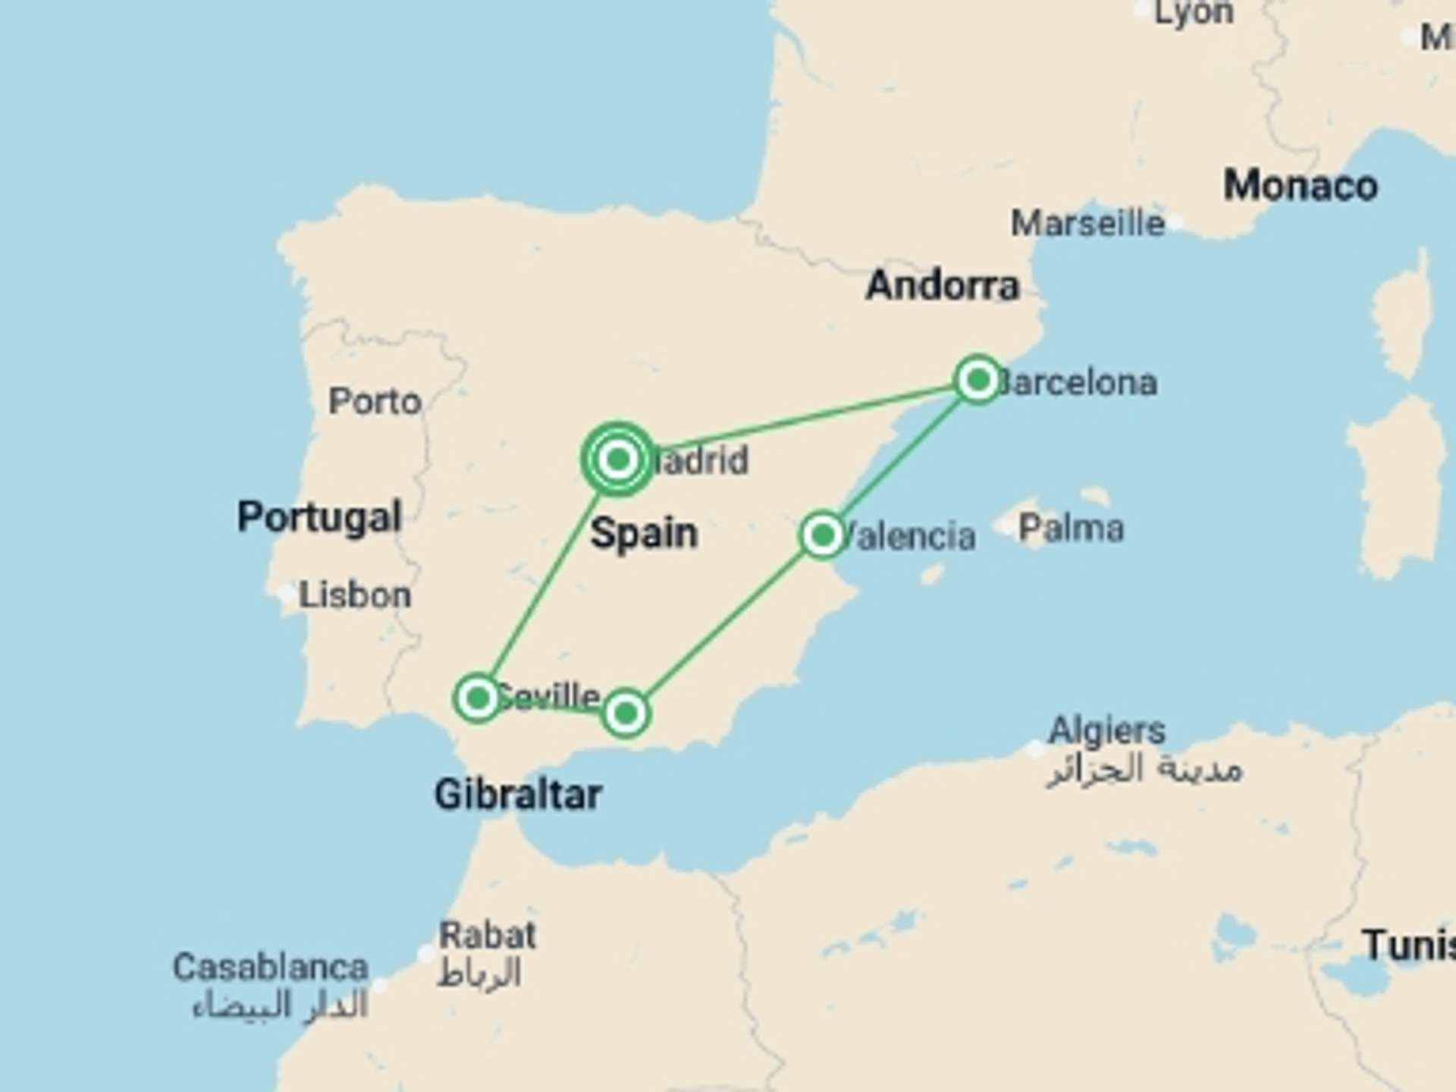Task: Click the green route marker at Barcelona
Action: point(977,379)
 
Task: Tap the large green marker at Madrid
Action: point(618,459)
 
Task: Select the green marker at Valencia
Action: point(822,535)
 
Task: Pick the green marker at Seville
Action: point(478,697)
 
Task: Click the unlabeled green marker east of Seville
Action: point(626,713)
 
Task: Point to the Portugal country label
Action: point(319,517)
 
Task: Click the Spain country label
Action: point(644,533)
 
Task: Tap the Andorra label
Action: point(943,286)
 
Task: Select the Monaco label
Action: point(1301,186)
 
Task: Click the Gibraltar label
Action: point(518,795)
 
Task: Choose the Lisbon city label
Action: point(355,595)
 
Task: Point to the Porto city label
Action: point(375,401)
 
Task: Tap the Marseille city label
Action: point(1087,224)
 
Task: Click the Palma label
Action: point(1071,529)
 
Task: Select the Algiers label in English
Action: point(1106,731)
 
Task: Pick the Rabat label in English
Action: point(488,935)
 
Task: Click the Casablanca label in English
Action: point(271,968)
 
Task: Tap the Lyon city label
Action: point(1194,13)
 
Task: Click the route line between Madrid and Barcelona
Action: point(804,419)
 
